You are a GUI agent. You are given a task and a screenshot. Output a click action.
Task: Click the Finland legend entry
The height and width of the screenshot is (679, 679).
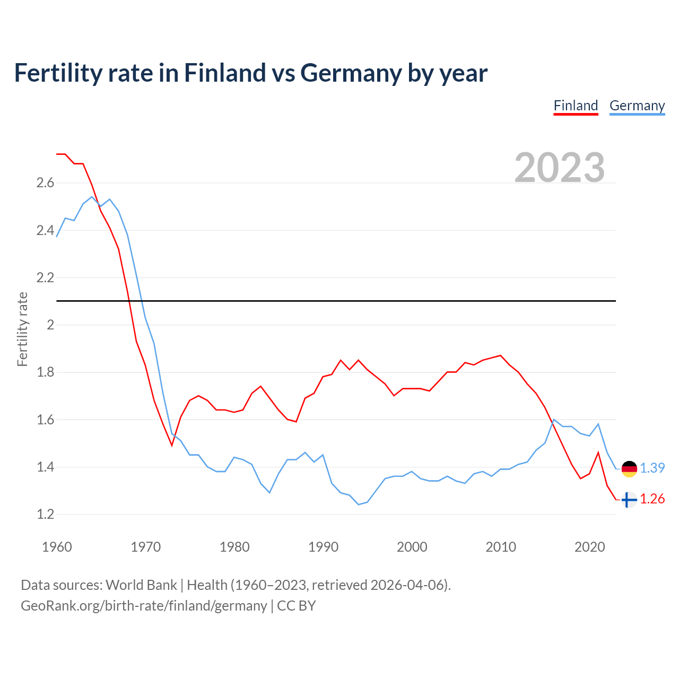[576, 106]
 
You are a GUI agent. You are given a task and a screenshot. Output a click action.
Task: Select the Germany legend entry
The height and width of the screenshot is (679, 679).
[637, 106]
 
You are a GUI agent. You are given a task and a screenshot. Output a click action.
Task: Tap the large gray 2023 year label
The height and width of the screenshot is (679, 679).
[560, 168]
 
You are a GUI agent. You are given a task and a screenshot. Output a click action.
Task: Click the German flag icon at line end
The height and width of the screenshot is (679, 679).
[629, 469]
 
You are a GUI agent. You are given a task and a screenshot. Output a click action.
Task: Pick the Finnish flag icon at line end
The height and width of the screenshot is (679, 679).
[629, 500]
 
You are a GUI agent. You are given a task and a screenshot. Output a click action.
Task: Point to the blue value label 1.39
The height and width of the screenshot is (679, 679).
[652, 468]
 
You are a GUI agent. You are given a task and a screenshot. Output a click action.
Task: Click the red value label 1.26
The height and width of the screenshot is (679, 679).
[652, 499]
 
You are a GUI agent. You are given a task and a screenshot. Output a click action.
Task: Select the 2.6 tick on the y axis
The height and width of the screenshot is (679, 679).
[45, 183]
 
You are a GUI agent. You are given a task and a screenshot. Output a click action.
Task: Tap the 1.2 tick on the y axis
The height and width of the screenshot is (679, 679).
[45, 515]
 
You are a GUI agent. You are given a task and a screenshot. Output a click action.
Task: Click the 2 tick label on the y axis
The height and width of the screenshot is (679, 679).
[50, 325]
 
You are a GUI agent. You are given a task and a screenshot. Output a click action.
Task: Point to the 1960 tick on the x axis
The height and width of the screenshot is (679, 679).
[57, 547]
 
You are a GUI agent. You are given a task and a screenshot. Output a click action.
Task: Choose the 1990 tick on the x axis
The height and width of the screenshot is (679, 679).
[323, 547]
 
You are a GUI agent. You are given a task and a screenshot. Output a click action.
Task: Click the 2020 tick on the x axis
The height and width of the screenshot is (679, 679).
[589, 547]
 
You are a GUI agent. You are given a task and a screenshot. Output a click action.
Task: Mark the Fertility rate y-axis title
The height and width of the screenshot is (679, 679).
[22, 329]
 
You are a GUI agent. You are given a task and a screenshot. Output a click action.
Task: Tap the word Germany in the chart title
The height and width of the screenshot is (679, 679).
[351, 73]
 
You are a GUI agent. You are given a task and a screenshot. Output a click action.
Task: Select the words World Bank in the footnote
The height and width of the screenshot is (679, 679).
[141, 585]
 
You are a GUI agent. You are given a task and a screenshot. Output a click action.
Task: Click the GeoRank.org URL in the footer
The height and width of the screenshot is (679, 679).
[144, 606]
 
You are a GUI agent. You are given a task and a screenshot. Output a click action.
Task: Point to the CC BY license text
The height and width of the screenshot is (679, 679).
[297, 606]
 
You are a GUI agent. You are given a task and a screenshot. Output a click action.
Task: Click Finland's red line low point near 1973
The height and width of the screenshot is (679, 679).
[172, 445]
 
